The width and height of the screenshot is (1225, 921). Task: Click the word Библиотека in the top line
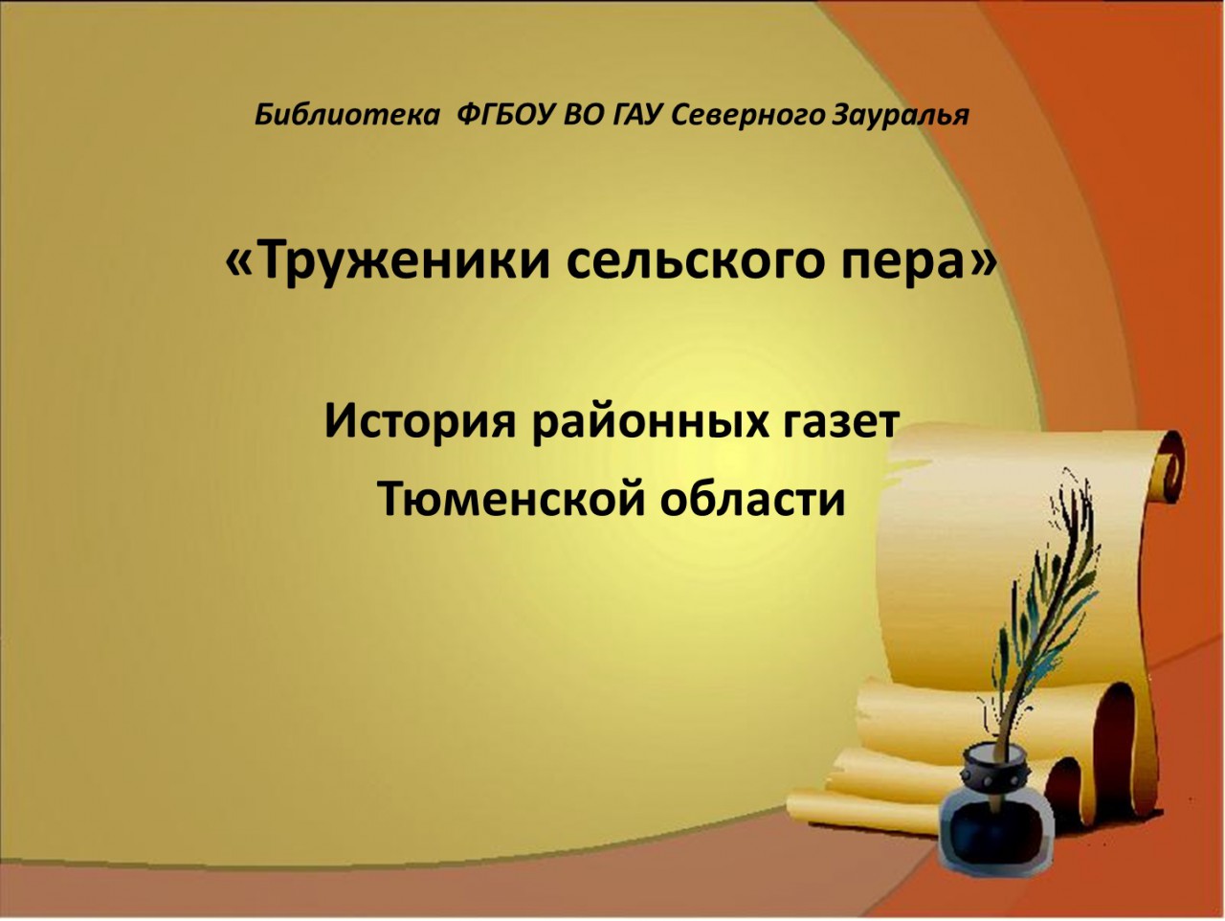(346, 116)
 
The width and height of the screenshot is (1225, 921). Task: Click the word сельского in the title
(696, 261)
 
